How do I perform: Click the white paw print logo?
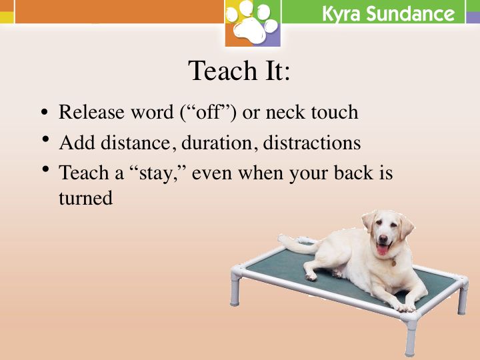[x=252, y=22]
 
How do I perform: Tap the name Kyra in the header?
[x=341, y=14]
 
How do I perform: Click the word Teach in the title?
[x=223, y=71]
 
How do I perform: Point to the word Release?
[x=91, y=112]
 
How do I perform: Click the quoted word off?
[x=208, y=112]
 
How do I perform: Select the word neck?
[x=285, y=112]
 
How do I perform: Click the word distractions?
[x=311, y=143]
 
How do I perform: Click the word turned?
[x=86, y=198]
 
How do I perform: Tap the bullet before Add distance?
[x=46, y=139]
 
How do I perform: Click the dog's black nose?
[x=383, y=238]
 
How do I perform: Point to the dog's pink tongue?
[x=383, y=250]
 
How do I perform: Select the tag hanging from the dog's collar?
[x=394, y=263]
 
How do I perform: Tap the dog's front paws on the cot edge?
[x=405, y=307]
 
